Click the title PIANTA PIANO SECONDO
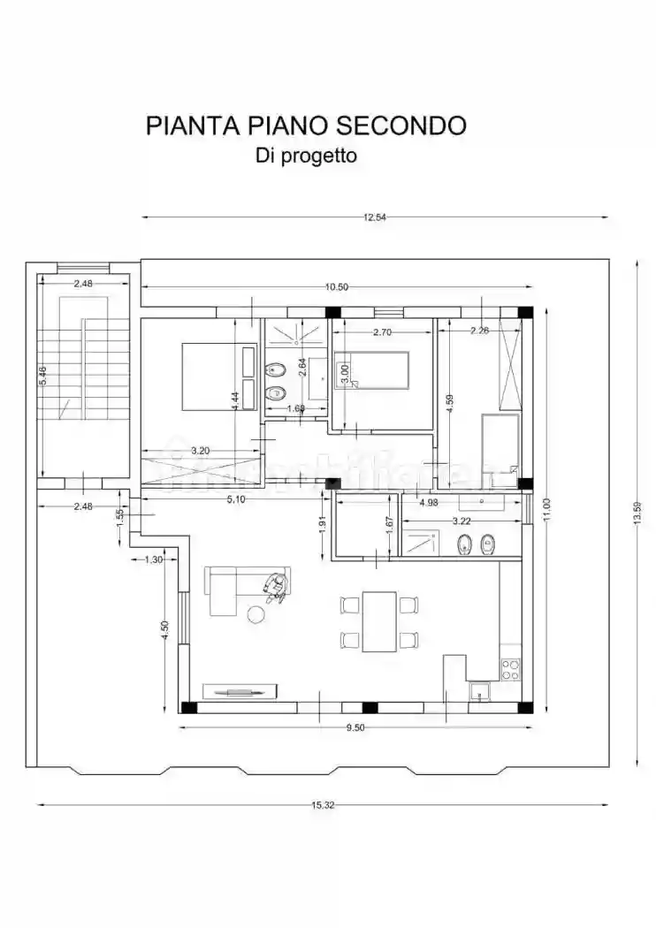click(x=305, y=126)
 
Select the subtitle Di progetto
click(x=306, y=156)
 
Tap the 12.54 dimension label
click(x=374, y=217)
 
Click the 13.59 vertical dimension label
click(x=636, y=512)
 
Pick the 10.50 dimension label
click(x=337, y=286)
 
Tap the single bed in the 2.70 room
click(x=371, y=369)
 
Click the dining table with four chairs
click(x=379, y=621)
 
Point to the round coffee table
click(x=257, y=613)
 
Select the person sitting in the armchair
click(x=275, y=587)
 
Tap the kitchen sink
click(x=479, y=694)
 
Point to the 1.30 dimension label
click(x=153, y=559)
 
